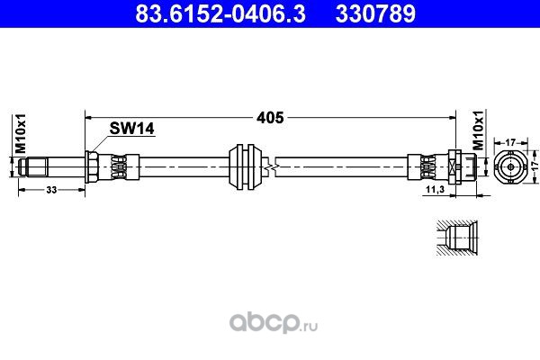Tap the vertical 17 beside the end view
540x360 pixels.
(532, 166)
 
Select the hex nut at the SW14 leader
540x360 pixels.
(91, 166)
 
